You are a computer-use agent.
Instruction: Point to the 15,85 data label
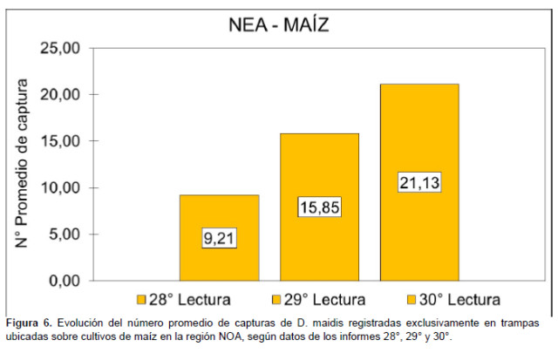pos(319,207)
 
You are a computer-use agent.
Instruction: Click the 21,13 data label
pos(418,183)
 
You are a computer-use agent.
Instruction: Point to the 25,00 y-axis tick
pos(61,47)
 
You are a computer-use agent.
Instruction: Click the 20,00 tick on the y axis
pos(61,94)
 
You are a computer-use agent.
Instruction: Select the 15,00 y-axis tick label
pos(61,141)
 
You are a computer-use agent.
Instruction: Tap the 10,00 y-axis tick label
pos(61,187)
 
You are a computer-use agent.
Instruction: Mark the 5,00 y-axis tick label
pos(65,234)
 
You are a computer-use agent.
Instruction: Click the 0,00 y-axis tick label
pos(65,282)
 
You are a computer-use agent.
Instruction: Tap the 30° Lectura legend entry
pos(441,300)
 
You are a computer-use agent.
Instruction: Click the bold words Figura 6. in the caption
pos(29,323)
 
